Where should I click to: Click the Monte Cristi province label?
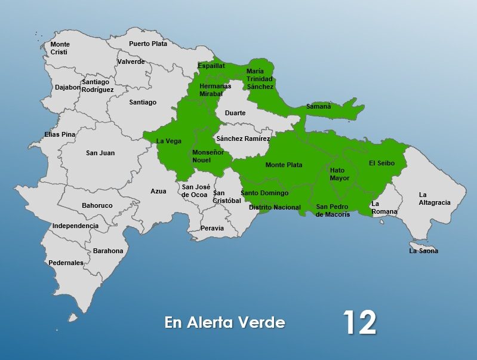tap(60, 48)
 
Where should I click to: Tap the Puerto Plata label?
tap(148, 44)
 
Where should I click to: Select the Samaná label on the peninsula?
tap(318, 106)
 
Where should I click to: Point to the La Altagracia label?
tap(434, 199)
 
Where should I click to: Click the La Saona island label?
tap(423, 251)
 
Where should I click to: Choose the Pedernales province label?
tap(66, 263)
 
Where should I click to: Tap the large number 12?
tap(359, 323)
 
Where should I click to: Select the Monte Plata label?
tap(284, 165)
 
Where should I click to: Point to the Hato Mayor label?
tap(340, 174)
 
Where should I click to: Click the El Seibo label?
tap(381, 163)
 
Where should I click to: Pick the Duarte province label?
tap(235, 113)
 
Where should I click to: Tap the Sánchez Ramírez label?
tap(243, 139)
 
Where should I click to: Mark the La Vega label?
tap(168, 141)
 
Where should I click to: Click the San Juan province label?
tap(100, 153)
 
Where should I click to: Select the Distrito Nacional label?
tap(275, 207)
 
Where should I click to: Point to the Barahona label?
tap(108, 251)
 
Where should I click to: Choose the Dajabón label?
tap(67, 87)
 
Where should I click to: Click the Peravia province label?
tap(213, 228)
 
